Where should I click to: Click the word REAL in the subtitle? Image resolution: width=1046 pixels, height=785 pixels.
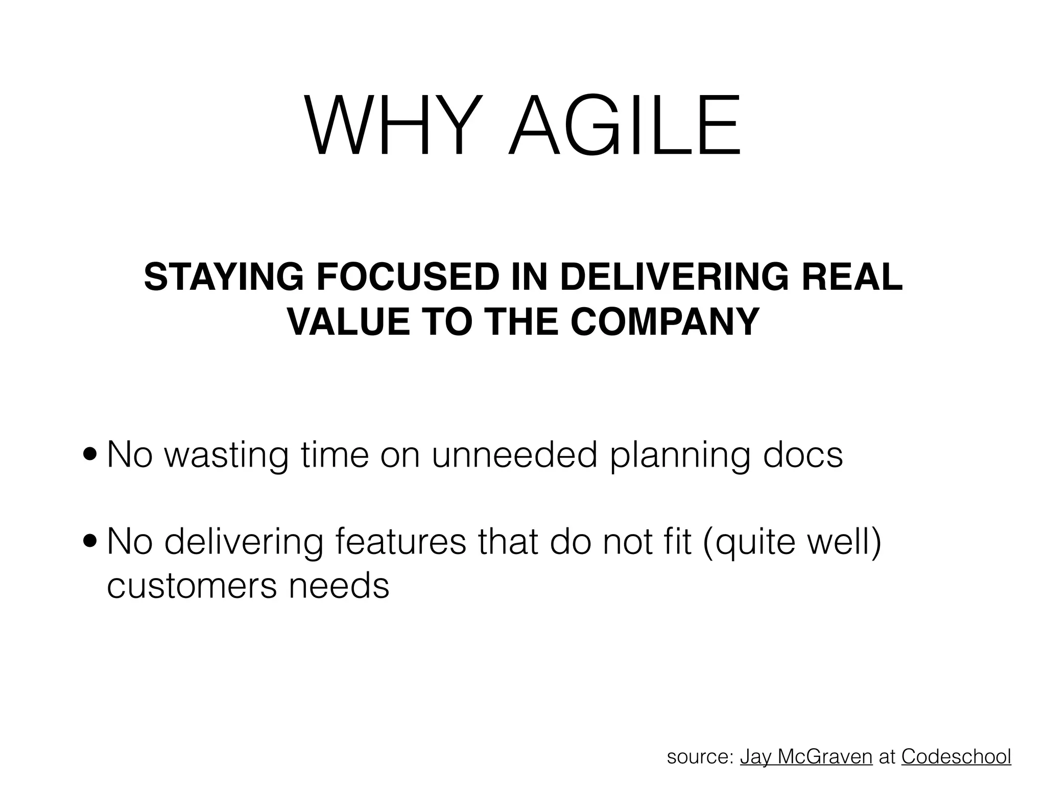pos(852,277)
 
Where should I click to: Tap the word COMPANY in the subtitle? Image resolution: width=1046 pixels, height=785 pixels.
pos(664,322)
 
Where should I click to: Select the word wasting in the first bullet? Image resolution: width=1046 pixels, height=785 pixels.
pos(226,455)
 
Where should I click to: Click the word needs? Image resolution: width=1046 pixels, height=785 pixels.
pos(339,586)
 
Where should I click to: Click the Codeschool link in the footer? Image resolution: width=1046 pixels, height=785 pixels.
pos(956,756)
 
